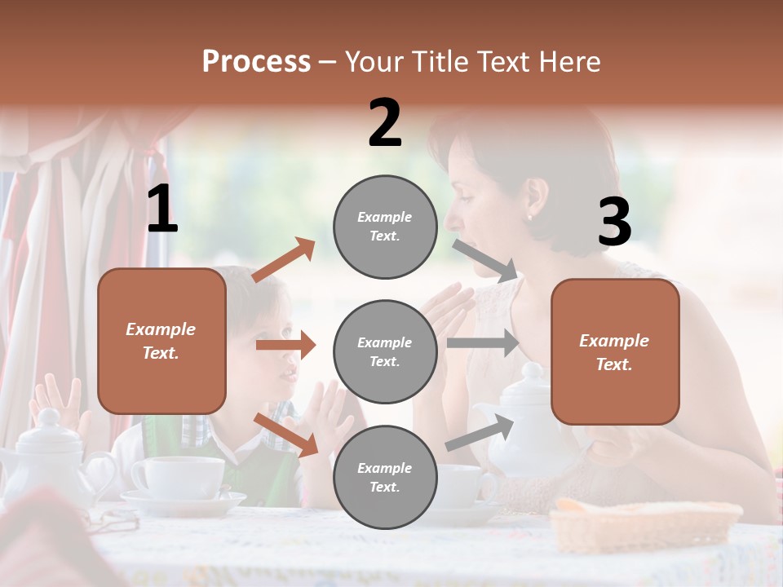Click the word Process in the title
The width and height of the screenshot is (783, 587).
[x=256, y=62]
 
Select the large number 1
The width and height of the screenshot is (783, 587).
[x=162, y=210]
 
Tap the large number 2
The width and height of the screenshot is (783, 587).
[x=385, y=123]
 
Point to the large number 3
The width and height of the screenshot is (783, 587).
[x=614, y=222]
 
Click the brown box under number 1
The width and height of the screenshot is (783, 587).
[x=161, y=341]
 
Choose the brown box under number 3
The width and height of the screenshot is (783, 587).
[x=615, y=351]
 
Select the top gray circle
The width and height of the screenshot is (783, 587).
[x=385, y=227]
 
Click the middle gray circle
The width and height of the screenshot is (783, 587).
[x=385, y=351]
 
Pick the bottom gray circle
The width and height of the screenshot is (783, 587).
[x=385, y=477]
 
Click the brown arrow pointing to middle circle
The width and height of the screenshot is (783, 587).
[x=285, y=345]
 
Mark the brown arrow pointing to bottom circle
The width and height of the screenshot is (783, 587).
[x=285, y=435]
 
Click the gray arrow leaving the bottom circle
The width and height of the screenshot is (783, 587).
[x=480, y=433]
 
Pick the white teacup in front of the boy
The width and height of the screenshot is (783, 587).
[x=178, y=476]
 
